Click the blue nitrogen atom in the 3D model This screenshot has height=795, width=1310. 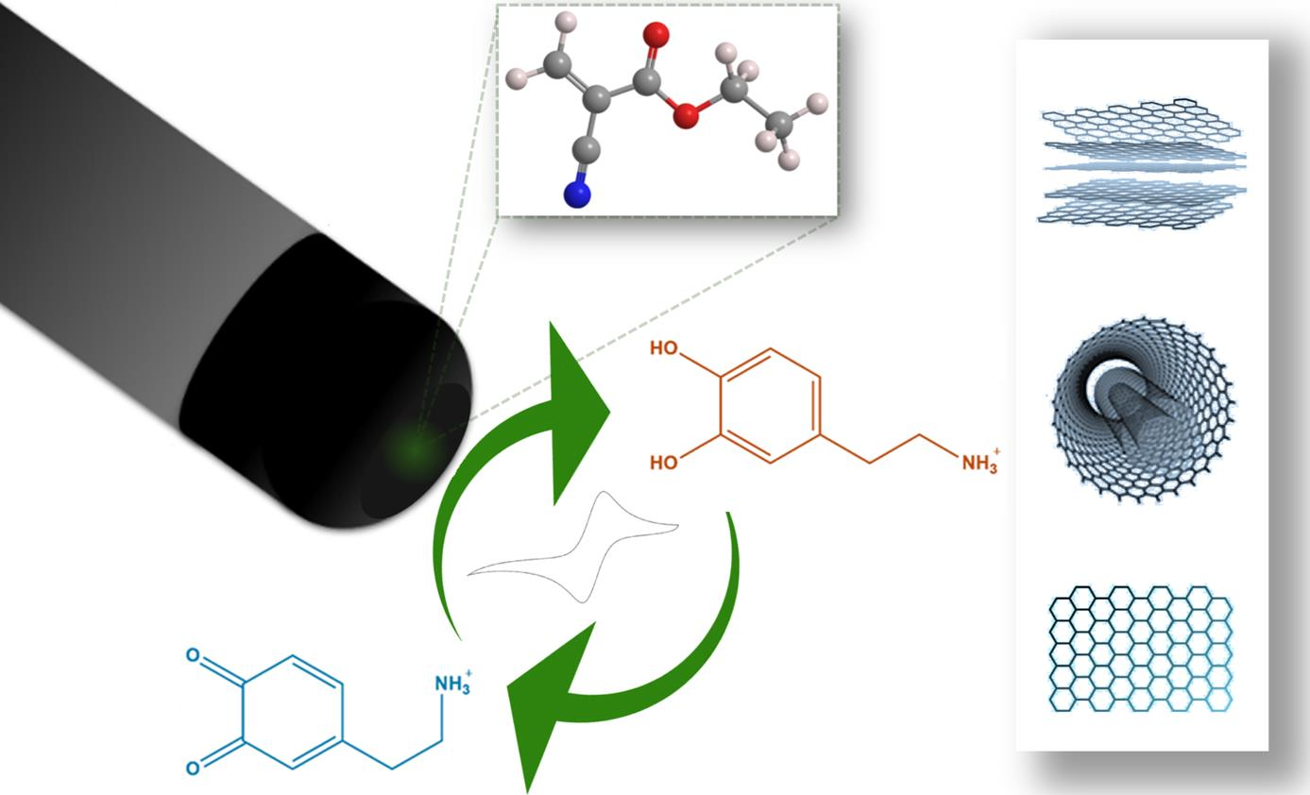576,195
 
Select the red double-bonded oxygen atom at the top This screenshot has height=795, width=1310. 655,35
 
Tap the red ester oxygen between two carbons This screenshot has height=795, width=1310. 687,115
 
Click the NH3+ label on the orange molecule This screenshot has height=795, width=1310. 979,462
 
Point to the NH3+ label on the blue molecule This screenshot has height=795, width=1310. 452,683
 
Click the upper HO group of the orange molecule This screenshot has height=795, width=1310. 665,348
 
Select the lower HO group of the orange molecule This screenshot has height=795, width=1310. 665,463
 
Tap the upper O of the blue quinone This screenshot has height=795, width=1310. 193,654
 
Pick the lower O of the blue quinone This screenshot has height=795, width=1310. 193,768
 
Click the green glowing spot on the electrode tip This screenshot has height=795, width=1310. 413,449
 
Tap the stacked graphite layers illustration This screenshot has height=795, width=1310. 1141,163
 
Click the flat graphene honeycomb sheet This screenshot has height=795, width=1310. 1141,649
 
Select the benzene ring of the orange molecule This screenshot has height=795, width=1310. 770,406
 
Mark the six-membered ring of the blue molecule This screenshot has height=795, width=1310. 292,712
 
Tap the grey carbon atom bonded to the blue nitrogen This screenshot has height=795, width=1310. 586,147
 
